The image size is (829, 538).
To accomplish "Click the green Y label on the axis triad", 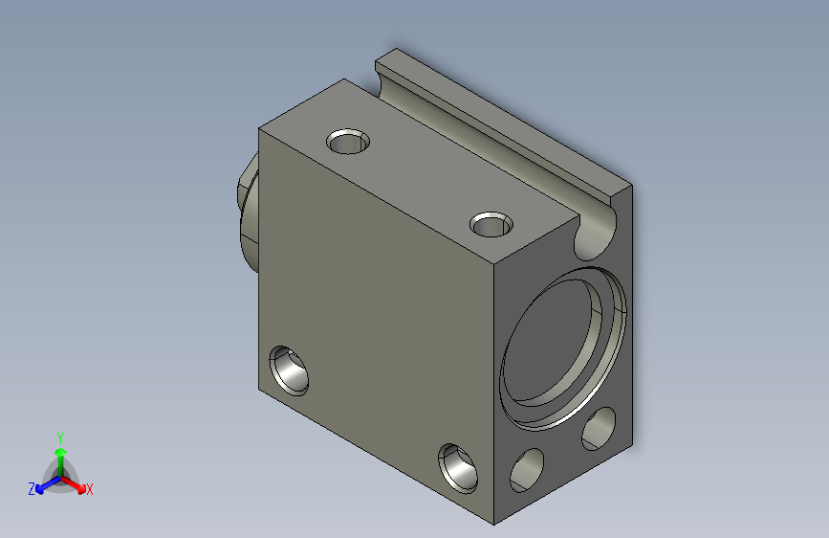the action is pyautogui.click(x=60, y=437).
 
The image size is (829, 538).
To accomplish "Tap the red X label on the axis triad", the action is pyautogui.click(x=89, y=489).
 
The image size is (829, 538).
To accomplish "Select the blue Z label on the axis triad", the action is pyautogui.click(x=32, y=489).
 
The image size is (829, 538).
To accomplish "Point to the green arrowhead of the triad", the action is pyautogui.click(x=61, y=452).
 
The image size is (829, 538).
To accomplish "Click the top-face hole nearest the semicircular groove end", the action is pyautogui.click(x=491, y=225).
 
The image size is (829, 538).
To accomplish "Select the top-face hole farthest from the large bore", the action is pyautogui.click(x=348, y=142).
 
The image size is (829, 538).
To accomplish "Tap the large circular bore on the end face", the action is pyautogui.click(x=563, y=347).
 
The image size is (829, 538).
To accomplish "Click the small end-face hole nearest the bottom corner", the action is pyautogui.click(x=527, y=470).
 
